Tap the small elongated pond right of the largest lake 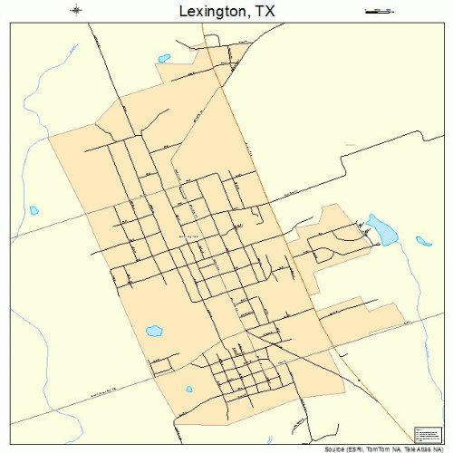tap(423, 241)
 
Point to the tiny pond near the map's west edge tap(34, 210)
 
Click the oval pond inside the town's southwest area tap(154, 331)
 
